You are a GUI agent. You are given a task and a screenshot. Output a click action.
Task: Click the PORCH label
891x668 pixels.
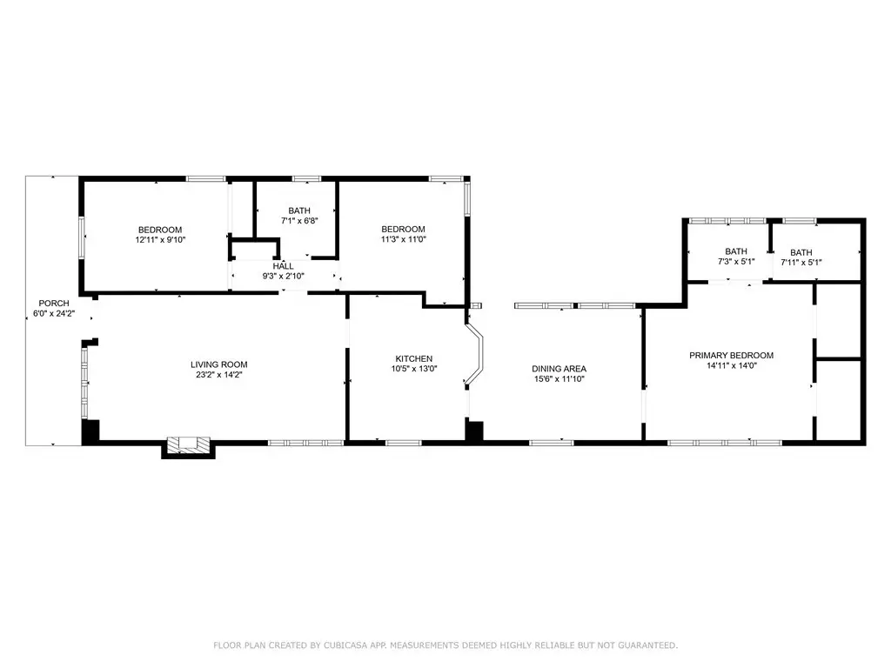(54, 304)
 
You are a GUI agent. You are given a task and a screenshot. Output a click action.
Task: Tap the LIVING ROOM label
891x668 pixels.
(218, 364)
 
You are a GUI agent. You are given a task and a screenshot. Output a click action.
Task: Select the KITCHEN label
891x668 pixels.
(413, 359)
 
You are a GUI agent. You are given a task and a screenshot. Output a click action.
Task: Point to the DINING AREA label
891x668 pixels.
(559, 369)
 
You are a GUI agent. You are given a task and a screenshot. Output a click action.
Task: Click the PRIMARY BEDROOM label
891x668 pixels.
(731, 356)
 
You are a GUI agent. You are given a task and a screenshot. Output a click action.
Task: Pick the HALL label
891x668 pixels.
(283, 266)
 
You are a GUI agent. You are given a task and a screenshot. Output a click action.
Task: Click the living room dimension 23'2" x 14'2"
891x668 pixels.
(218, 375)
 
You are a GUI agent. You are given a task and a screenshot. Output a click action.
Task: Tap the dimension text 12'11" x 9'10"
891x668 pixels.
(160, 240)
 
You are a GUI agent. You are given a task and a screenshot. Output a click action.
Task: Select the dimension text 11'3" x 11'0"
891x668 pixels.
(404, 239)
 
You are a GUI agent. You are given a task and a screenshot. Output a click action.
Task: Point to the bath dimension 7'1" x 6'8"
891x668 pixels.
(299, 220)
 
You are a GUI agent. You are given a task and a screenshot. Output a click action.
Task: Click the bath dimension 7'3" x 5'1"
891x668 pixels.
(736, 262)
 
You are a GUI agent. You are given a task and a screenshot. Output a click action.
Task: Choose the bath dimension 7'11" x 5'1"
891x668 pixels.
(801, 263)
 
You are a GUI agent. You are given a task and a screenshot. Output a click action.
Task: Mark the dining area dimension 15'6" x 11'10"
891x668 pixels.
(559, 379)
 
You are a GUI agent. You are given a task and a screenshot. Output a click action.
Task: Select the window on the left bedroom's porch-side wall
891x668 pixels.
(82, 238)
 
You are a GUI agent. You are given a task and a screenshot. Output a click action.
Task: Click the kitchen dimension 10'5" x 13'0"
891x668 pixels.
(413, 369)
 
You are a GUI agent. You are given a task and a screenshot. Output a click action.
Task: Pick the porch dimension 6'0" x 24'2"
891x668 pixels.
(54, 313)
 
